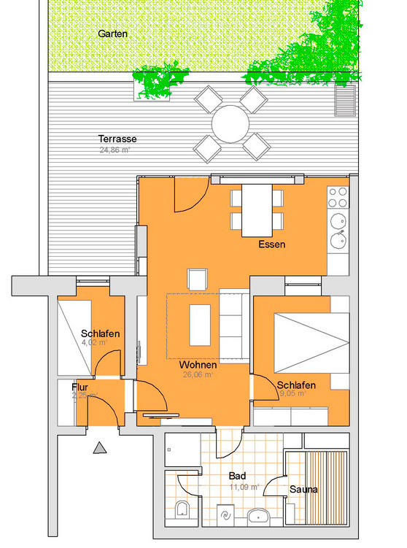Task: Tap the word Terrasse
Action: (x=117, y=139)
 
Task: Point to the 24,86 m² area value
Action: (x=115, y=150)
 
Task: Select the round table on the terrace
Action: (x=231, y=124)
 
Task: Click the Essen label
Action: (x=271, y=244)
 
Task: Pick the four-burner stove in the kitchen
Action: (x=337, y=197)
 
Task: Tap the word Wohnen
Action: (x=196, y=364)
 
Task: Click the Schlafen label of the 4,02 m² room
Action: (x=101, y=333)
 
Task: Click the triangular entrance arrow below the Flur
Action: (x=98, y=448)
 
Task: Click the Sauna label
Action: (x=303, y=489)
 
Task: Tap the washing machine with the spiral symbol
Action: (x=225, y=514)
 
